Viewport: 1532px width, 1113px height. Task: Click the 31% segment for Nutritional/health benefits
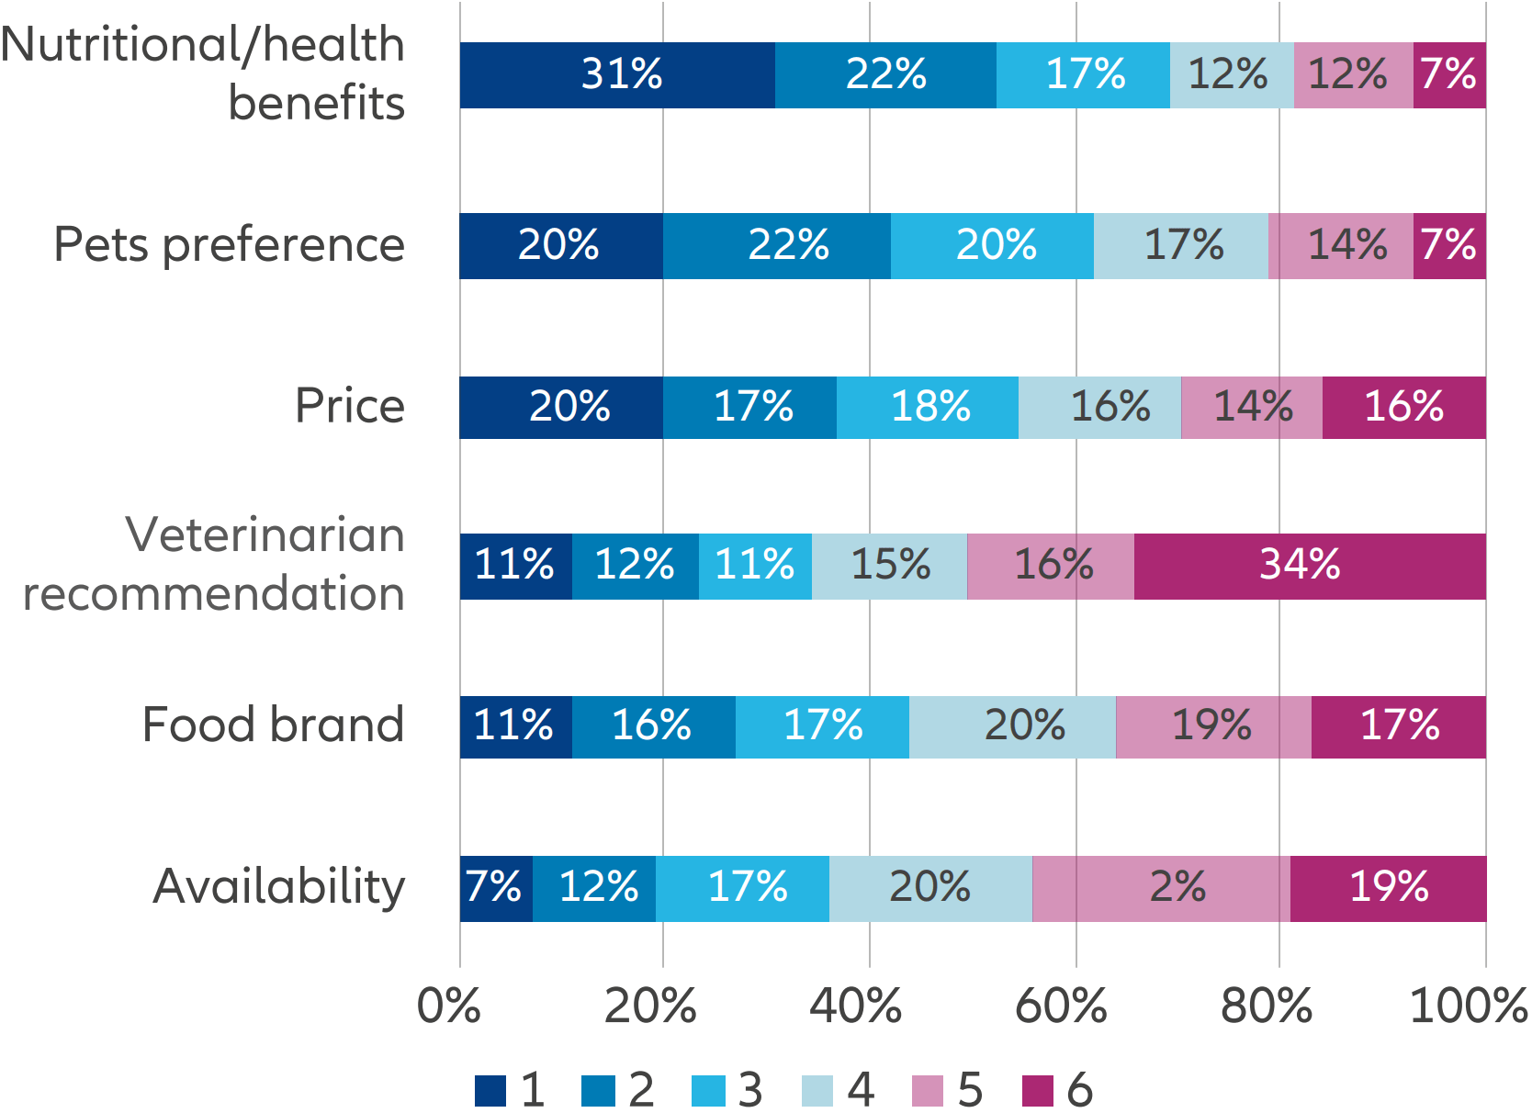pyautogui.click(x=617, y=75)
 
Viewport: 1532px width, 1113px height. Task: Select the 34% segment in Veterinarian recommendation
pyautogui.click(x=1310, y=566)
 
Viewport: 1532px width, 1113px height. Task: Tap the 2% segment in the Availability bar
pyautogui.click(x=1161, y=888)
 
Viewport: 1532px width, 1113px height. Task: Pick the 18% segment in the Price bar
pyautogui.click(x=928, y=407)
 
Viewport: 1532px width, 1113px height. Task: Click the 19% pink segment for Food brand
pyautogui.click(x=1213, y=726)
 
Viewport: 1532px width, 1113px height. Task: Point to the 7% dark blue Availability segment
pyautogui.click(x=496, y=888)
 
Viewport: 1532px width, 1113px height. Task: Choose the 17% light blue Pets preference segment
pyautogui.click(x=1181, y=246)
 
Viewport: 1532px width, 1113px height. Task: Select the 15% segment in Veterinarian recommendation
pyautogui.click(x=889, y=566)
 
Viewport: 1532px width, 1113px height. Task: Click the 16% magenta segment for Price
pyautogui.click(x=1403, y=407)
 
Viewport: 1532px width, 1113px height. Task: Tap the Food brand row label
pyautogui.click(x=273, y=725)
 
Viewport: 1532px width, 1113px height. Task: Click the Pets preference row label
pyautogui.click(x=229, y=245)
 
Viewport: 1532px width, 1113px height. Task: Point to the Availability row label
pyautogui.click(x=278, y=886)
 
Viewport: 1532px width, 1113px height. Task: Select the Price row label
pyautogui.click(x=349, y=406)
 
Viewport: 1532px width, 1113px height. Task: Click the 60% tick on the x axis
pyautogui.click(x=1061, y=1006)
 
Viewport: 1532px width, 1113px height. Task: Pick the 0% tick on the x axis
pyautogui.click(x=448, y=1006)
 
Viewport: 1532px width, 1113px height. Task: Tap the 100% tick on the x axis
pyautogui.click(x=1468, y=1006)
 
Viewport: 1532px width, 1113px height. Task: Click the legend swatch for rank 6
pyautogui.click(x=1037, y=1091)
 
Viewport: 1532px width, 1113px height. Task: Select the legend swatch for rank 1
pyautogui.click(x=490, y=1091)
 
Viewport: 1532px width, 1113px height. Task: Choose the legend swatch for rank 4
pyautogui.click(x=817, y=1091)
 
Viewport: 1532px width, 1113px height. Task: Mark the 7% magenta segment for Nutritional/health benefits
pyautogui.click(x=1449, y=75)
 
